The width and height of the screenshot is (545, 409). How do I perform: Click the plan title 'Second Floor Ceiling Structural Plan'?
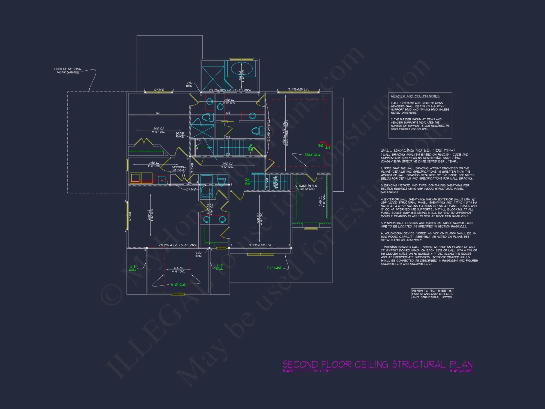click(377, 364)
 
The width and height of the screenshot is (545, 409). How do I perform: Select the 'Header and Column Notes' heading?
click(415, 96)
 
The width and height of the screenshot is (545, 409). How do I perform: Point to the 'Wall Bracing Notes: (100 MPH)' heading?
click(418, 150)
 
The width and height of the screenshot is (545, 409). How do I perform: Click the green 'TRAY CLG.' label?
click(312, 155)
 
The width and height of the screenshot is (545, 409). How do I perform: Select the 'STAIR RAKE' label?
click(180, 135)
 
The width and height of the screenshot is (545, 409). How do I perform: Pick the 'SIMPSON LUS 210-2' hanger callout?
click(178, 169)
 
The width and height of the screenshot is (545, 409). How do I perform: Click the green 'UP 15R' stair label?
click(250, 148)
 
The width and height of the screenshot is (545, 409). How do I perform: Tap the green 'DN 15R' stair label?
click(247, 182)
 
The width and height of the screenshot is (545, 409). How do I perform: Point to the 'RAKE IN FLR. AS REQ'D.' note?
click(308, 187)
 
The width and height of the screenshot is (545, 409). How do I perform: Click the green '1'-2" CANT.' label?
click(274, 268)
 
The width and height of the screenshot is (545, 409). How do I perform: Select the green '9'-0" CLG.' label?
click(178, 285)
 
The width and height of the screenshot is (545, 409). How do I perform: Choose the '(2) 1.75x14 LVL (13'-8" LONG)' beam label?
click(178, 245)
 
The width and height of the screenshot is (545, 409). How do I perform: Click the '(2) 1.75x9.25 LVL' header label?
click(298, 89)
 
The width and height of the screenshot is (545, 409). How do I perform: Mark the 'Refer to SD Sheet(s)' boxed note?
click(432, 294)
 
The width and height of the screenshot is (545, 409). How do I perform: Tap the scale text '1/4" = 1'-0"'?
click(321, 371)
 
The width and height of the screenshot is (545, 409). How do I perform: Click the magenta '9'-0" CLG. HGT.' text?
click(461, 371)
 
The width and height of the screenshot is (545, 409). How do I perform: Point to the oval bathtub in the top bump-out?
click(242, 68)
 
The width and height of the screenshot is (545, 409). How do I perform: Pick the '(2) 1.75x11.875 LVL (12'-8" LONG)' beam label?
click(230, 90)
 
